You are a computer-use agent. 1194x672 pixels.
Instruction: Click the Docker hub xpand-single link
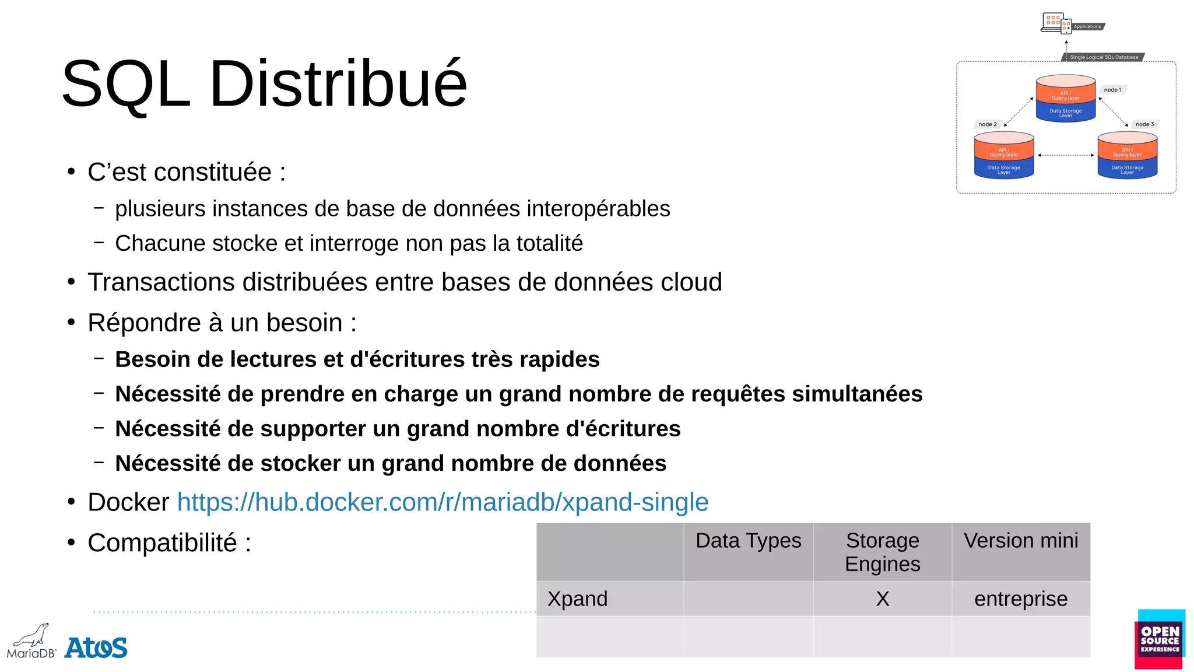tap(443, 502)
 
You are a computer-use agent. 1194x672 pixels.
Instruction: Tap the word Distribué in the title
tap(338, 83)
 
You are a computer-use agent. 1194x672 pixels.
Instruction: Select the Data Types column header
tap(748, 541)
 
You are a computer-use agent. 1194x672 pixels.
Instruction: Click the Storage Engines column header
tap(882, 552)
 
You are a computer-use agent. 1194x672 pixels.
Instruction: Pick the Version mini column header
tap(1021, 541)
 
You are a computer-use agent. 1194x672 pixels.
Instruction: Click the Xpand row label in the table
tap(577, 599)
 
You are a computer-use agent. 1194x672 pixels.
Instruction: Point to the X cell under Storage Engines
tap(882, 599)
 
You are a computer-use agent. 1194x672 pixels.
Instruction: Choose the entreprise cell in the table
tap(1021, 599)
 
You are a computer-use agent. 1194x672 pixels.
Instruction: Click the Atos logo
tap(96, 647)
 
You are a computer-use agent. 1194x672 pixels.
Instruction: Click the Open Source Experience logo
tap(1160, 639)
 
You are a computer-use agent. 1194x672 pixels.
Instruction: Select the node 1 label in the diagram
tap(1112, 90)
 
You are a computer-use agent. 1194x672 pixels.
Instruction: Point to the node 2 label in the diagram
tap(988, 124)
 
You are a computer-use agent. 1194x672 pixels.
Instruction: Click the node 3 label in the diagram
tap(1144, 124)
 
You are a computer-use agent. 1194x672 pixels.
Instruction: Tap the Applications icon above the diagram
tap(1056, 23)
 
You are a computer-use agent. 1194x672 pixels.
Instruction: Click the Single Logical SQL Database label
tap(1104, 57)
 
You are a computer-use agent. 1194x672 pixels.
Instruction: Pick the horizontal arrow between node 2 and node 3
tap(1066, 155)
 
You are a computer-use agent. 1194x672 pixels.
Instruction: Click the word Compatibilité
tap(162, 543)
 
